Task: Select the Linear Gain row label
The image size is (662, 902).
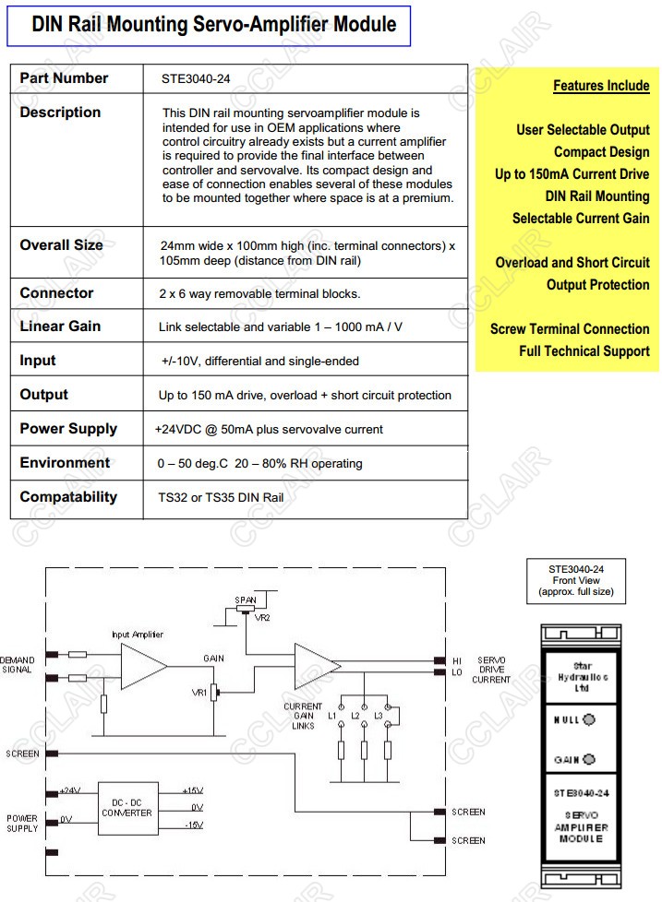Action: [60, 326]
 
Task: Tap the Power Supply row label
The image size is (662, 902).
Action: [68, 429]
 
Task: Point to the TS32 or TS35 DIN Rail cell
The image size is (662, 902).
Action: [221, 497]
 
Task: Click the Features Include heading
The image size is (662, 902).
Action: [601, 86]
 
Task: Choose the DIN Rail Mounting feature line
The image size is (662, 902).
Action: [596, 196]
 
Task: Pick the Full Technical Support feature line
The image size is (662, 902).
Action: [584, 351]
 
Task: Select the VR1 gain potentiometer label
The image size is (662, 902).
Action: [198, 691]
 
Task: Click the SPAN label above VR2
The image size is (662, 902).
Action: [246, 599]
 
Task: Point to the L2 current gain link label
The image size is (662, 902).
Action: [355, 716]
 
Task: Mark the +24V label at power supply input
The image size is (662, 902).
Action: [70, 790]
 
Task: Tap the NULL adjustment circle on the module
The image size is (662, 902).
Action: [589, 719]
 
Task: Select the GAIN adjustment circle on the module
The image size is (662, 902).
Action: [589, 760]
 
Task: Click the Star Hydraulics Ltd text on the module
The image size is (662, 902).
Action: [584, 676]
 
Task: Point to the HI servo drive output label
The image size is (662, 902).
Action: [456, 660]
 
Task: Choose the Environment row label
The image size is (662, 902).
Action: [65, 463]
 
